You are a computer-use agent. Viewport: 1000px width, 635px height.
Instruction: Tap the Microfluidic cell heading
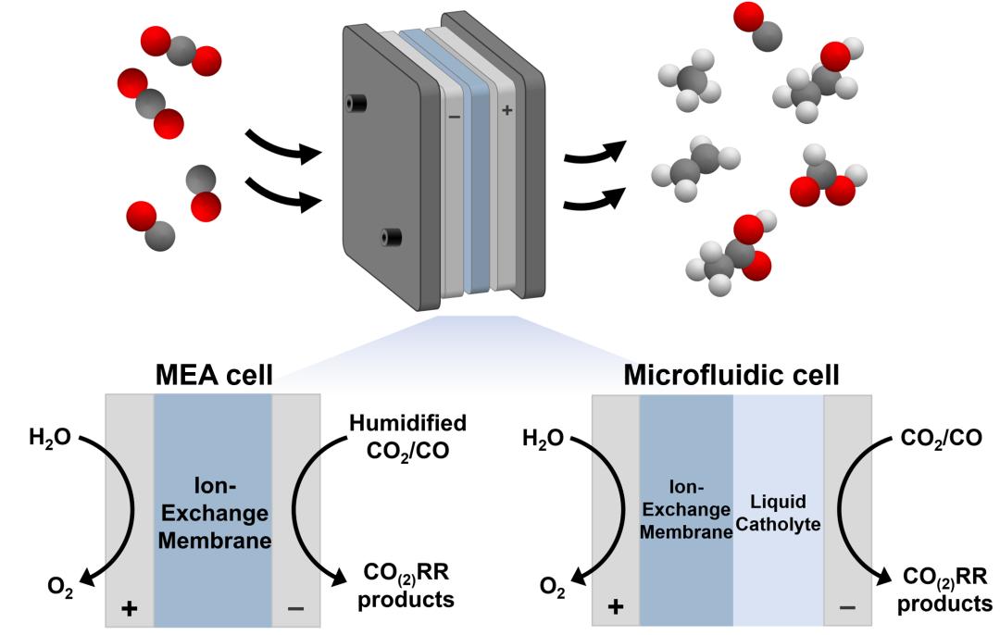pos(731,376)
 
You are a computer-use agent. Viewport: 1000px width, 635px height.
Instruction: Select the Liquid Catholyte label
pos(778,512)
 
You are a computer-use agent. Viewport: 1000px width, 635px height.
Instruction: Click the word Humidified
pos(407,424)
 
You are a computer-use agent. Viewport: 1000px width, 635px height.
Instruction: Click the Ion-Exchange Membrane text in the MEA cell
pos(213,514)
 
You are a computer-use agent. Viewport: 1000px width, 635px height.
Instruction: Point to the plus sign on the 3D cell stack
pos(506,110)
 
